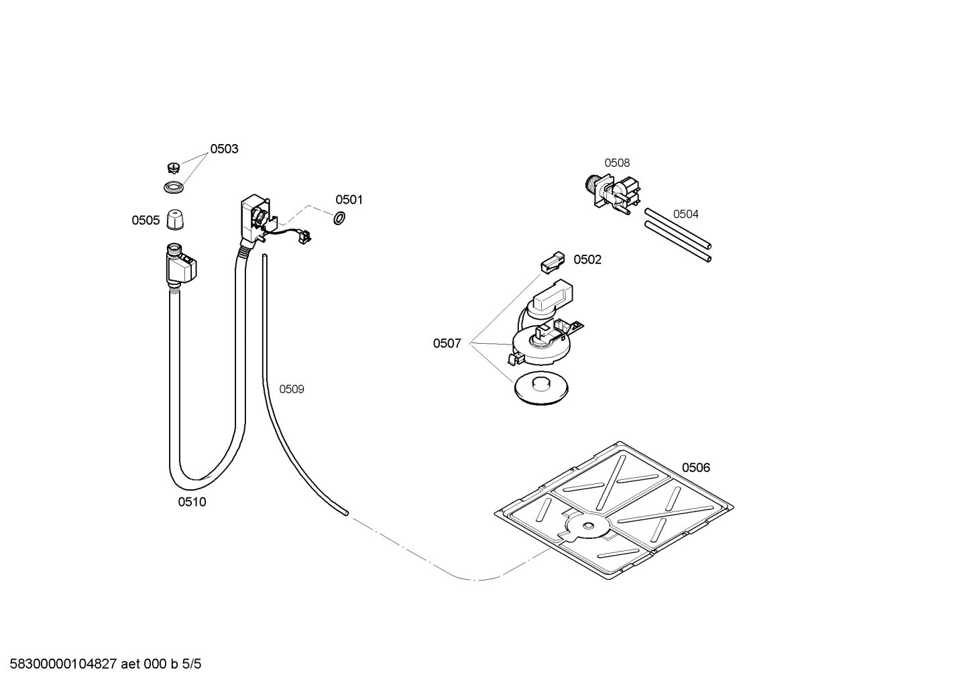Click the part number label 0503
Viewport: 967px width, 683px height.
(x=224, y=149)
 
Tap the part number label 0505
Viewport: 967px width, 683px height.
(x=146, y=221)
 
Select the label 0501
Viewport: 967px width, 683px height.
(x=349, y=200)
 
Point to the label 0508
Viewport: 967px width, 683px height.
(x=617, y=163)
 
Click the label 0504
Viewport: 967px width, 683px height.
(x=685, y=214)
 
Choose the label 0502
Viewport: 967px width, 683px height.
(x=587, y=260)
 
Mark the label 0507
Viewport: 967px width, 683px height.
(x=447, y=344)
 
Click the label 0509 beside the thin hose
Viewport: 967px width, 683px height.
(x=292, y=389)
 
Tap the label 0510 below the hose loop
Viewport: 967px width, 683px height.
(x=192, y=502)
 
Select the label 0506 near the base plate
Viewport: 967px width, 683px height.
(x=695, y=468)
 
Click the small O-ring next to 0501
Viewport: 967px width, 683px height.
(x=339, y=218)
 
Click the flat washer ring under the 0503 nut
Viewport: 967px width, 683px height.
(x=174, y=187)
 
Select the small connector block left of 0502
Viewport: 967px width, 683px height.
(x=553, y=261)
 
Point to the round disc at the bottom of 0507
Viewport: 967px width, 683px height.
(x=541, y=388)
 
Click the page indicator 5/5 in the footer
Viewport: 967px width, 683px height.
(x=192, y=664)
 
